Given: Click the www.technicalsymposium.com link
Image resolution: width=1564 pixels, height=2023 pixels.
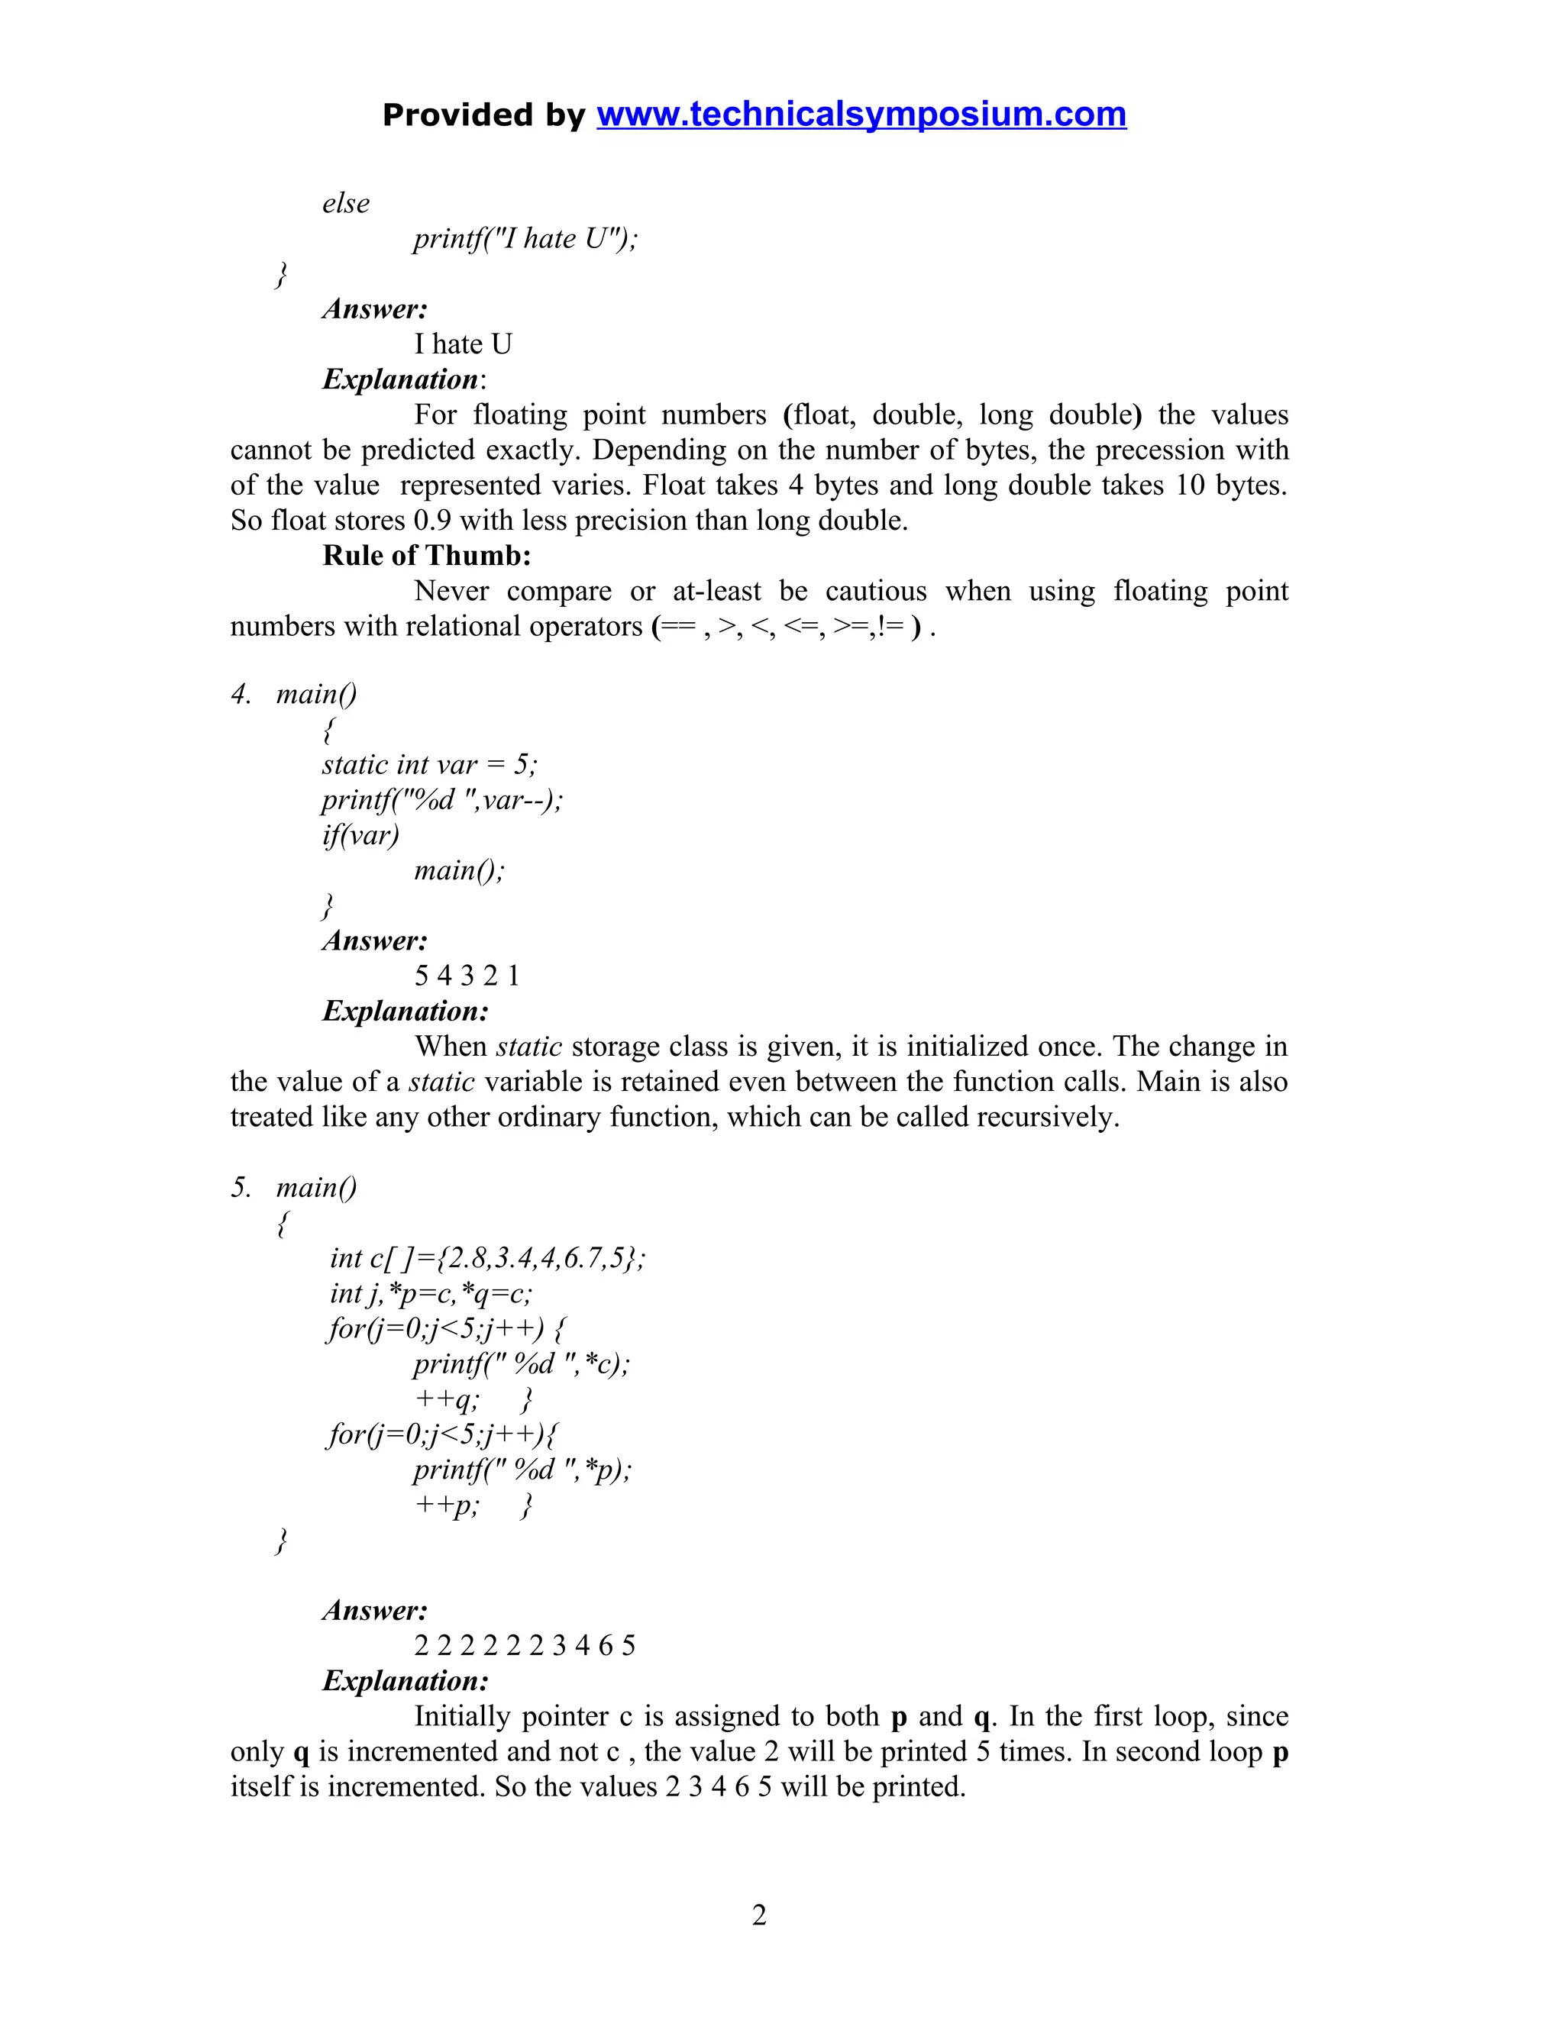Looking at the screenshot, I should pos(861,114).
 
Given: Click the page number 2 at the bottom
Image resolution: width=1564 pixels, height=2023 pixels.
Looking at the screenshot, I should pos(759,1914).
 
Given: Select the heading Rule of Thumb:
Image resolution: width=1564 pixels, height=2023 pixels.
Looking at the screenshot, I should pos(426,555).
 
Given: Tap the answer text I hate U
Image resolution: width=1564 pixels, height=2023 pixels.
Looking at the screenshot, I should pos(462,344).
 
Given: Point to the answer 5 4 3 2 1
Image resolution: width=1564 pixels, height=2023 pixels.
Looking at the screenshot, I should pos(467,976).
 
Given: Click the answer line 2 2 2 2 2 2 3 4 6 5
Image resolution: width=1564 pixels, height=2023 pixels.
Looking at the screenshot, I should pos(525,1645).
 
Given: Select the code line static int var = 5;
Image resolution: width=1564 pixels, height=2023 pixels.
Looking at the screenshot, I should pos(429,764).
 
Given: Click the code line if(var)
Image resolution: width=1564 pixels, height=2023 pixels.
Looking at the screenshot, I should pos(360,834).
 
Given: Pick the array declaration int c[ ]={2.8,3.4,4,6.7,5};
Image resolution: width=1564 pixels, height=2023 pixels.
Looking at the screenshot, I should pos(487,1257).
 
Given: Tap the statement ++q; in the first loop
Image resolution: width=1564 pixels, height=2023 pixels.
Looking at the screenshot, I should pos(447,1398).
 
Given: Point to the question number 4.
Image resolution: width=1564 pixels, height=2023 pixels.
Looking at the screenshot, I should pos(240,694).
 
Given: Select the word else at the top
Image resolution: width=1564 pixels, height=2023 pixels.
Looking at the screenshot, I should pos(346,203).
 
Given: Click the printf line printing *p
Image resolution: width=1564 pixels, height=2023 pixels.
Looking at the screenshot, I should pos(522,1468).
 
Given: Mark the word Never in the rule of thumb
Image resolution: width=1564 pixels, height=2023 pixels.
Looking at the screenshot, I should pos(451,590).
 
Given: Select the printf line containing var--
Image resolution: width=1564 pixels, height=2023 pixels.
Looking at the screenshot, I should pos(442,799).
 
